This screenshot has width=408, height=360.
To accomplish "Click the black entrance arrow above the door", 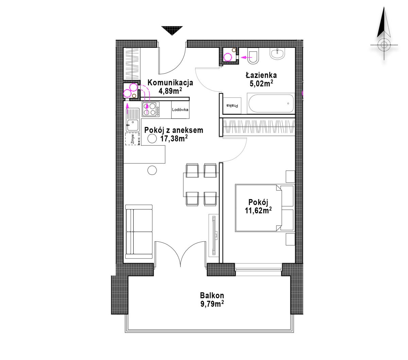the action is click(x=172, y=30).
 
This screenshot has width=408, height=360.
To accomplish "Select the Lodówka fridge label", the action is click(x=180, y=110).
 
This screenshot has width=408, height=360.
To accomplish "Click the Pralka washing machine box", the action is click(x=232, y=105).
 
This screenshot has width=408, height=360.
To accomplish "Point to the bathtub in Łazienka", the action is click(x=271, y=104).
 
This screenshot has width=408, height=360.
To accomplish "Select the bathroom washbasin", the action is click(x=278, y=54).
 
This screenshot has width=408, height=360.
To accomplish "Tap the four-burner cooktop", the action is click(x=151, y=109).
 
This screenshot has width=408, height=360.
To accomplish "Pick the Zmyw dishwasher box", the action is click(x=133, y=139).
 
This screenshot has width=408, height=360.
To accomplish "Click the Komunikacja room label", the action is click(x=170, y=83).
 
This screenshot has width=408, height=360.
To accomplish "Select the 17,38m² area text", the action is click(x=174, y=139).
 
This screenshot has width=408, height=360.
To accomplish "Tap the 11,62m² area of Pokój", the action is click(x=258, y=211).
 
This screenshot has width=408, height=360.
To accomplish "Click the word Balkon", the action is click(x=212, y=295).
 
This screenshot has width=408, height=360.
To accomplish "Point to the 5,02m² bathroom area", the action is click(x=261, y=83).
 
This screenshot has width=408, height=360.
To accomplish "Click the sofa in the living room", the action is click(x=139, y=232).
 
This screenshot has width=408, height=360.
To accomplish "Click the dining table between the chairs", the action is click(x=201, y=184).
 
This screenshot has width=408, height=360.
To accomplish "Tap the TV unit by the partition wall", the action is click(x=214, y=235).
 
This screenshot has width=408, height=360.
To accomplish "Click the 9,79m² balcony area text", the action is click(x=212, y=304).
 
